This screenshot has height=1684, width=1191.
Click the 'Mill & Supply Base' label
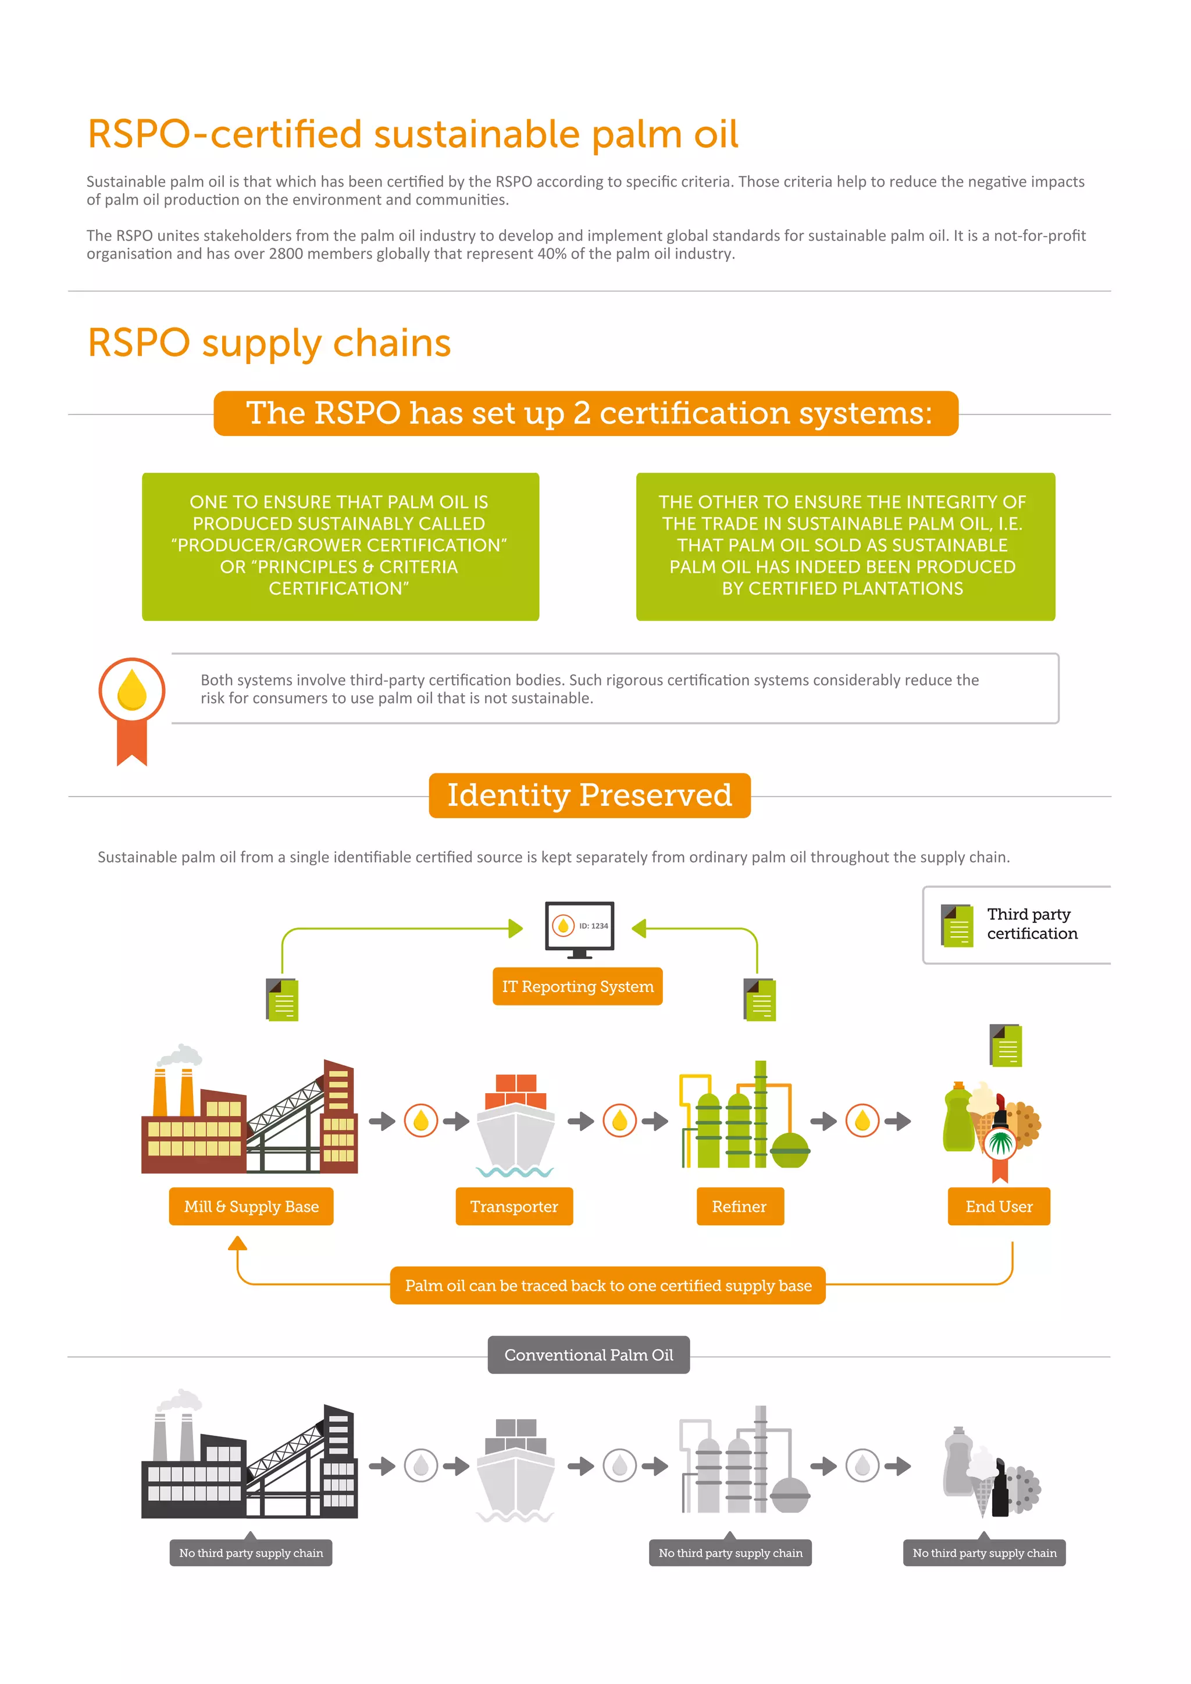pyautogui.click(x=251, y=1207)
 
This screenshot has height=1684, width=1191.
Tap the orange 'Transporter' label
pyautogui.click(x=514, y=1207)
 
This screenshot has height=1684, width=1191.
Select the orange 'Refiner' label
pyautogui.click(x=739, y=1207)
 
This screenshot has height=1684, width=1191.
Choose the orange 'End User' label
pyautogui.click(x=999, y=1207)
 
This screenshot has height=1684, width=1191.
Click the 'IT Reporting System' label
pyautogui.click(x=577, y=986)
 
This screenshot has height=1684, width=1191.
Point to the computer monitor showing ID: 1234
pyautogui.click(x=579, y=928)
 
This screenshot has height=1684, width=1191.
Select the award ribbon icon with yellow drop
pyautogui.click(x=132, y=708)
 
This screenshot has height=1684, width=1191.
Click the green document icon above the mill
pyautogui.click(x=283, y=999)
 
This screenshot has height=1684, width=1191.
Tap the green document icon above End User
pyautogui.click(x=1005, y=1045)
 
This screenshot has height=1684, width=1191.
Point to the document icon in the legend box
pyautogui.click(x=957, y=926)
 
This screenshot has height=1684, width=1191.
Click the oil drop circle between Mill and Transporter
pyautogui.click(x=421, y=1121)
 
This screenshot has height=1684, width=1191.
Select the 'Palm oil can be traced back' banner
pyautogui.click(x=608, y=1286)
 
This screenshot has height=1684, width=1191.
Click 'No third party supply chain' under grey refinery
pyautogui.click(x=730, y=1553)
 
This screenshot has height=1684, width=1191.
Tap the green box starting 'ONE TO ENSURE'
pyautogui.click(x=340, y=547)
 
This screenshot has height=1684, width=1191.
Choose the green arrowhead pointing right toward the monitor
pyautogui.click(x=516, y=929)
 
